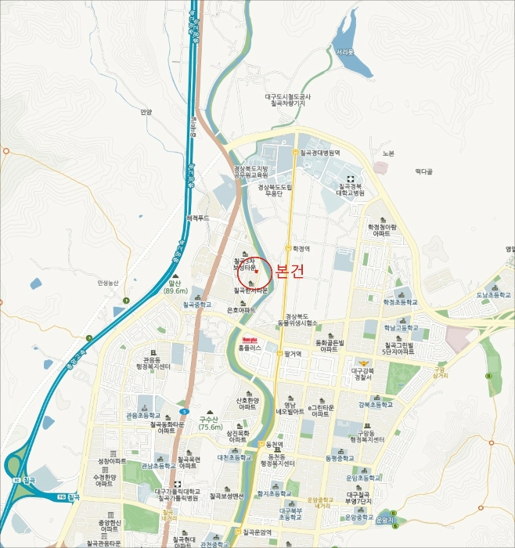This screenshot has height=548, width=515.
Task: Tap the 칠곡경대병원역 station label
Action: pos(319,153)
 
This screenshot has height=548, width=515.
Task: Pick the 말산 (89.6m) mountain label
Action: pos(174,287)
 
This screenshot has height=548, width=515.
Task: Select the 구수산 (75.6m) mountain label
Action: pos(211,423)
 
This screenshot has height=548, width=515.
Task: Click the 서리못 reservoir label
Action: pos(344,52)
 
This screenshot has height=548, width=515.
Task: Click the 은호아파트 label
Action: pos(241,310)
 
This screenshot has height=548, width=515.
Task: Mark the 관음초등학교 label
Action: pos(143,416)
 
